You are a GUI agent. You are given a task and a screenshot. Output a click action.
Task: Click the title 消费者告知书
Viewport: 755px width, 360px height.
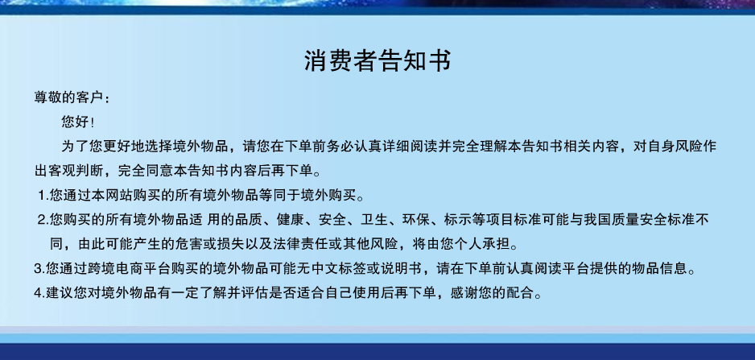(x=378, y=60)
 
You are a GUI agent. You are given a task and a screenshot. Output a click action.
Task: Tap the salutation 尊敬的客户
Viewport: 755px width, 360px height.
(x=68, y=97)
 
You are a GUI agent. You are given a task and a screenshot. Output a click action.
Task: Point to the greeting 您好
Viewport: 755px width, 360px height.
(x=76, y=122)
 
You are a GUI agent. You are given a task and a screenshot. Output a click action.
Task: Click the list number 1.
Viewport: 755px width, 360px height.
(x=42, y=195)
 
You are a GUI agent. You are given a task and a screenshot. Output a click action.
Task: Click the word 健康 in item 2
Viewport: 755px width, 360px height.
(x=291, y=220)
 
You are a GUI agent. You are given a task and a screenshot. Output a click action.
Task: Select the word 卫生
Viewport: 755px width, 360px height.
(x=374, y=220)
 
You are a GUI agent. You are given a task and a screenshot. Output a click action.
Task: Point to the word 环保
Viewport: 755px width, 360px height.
(x=416, y=220)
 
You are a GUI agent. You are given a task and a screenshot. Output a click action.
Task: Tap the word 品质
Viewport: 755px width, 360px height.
(x=249, y=220)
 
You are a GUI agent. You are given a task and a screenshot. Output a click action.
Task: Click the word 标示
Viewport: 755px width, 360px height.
(x=459, y=220)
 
